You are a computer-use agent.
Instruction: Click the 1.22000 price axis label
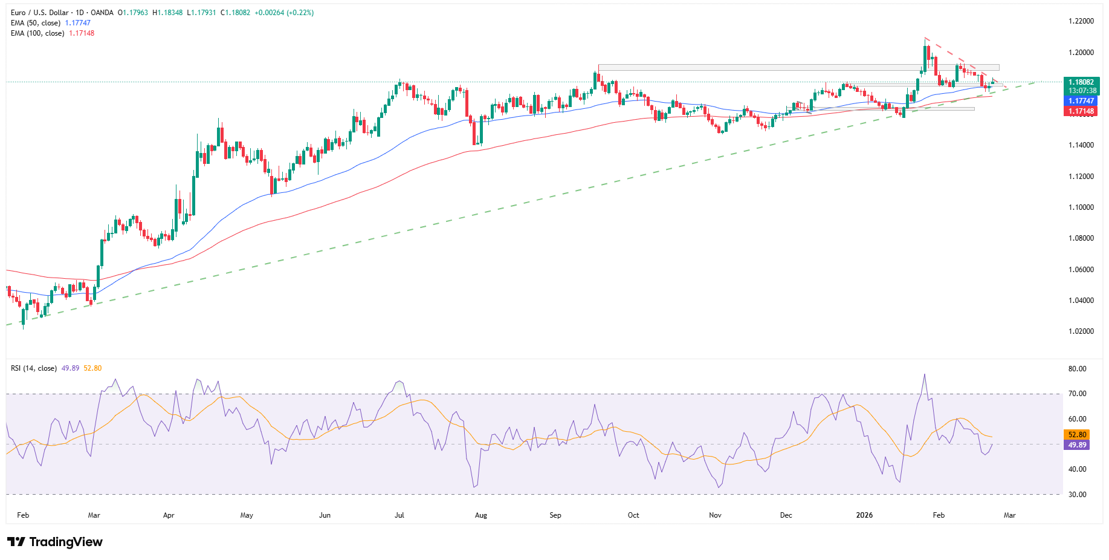click(1081, 21)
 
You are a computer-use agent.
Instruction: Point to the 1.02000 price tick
click(1081, 331)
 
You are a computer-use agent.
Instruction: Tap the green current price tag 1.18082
click(1081, 82)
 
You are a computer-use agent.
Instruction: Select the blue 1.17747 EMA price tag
click(1081, 101)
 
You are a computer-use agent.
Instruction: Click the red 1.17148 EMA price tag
click(1081, 111)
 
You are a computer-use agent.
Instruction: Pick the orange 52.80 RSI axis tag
click(1076, 435)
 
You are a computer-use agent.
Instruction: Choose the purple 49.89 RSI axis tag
click(1076, 445)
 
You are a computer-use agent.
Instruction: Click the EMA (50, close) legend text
click(36, 23)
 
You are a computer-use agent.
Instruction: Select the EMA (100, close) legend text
click(37, 33)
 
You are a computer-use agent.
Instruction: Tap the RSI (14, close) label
click(34, 368)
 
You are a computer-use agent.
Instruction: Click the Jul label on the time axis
click(399, 515)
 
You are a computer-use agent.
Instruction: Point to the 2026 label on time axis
click(864, 515)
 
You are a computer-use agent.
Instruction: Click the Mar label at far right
click(1009, 515)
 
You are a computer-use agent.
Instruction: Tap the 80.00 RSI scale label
click(1077, 369)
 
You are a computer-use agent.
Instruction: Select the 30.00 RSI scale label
click(1077, 495)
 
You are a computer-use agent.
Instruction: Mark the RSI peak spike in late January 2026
click(925, 375)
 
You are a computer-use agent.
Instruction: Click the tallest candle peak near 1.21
click(925, 39)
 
